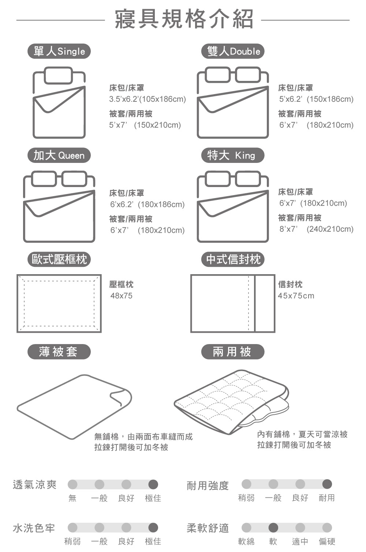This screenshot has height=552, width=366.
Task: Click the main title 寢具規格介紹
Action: pyautogui.click(x=184, y=19)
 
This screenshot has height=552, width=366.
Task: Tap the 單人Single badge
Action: pyautogui.click(x=59, y=51)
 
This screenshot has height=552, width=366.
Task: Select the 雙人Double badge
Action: pyautogui.click(x=233, y=51)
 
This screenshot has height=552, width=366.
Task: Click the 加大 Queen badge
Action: pyautogui.click(x=59, y=155)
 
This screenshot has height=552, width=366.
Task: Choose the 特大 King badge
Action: pyautogui.click(x=233, y=155)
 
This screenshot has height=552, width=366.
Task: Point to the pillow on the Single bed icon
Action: pyautogui.click(x=59, y=75)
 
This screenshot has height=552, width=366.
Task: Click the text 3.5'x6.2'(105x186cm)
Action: pyautogui.click(x=147, y=99)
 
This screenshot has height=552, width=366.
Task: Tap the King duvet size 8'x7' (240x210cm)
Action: pyautogui.click(x=316, y=229)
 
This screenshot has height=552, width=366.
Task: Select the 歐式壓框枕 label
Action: pyautogui.click(x=59, y=259)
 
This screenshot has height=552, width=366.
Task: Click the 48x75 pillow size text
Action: pyautogui.click(x=121, y=295)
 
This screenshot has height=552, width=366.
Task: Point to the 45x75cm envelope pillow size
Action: pyautogui.click(x=296, y=295)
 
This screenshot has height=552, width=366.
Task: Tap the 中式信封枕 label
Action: pyautogui.click(x=233, y=259)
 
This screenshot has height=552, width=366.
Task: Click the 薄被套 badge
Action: pyautogui.click(x=59, y=351)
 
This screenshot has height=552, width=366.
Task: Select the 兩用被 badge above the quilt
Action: pyautogui.click(x=233, y=351)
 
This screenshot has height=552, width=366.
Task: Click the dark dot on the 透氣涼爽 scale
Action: pyautogui.click(x=153, y=484)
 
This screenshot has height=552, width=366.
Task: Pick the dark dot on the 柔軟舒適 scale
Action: pyautogui.click(x=273, y=527)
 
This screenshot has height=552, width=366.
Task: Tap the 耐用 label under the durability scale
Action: pyautogui.click(x=327, y=498)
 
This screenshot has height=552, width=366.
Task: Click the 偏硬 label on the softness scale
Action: pyautogui.click(x=327, y=541)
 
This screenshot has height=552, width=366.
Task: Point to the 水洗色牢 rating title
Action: pyautogui.click(x=34, y=528)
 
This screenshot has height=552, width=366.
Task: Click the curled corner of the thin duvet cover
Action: pyautogui.click(x=121, y=397)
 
